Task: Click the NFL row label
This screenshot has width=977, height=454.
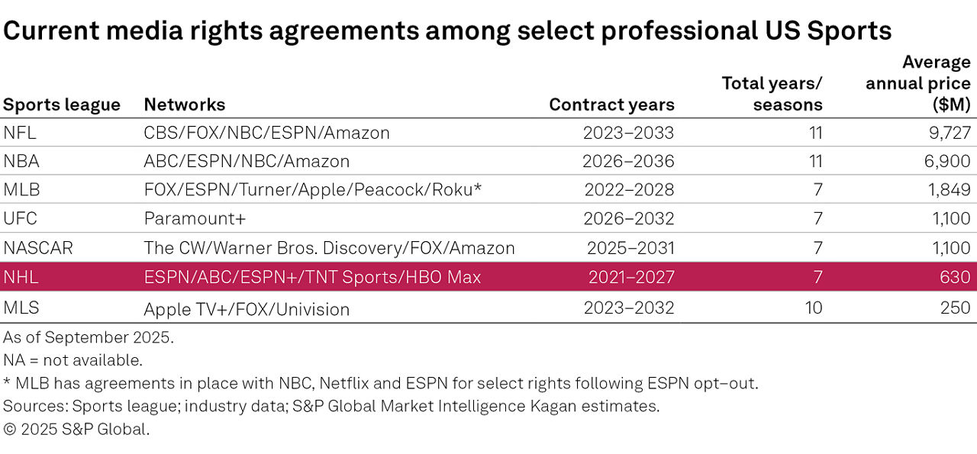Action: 20,133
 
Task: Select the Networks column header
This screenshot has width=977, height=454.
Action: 184,105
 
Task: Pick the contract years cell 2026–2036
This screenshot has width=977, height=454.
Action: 628,162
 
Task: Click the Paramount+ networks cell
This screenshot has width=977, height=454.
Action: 195,219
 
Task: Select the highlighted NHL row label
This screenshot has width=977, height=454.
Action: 21,277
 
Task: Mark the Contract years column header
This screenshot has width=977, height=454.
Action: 611,105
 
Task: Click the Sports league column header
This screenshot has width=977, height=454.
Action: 62,105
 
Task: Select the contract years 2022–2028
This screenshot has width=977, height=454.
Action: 628,190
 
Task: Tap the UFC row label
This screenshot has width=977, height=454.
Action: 20,219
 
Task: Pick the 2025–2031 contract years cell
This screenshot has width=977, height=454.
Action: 630,248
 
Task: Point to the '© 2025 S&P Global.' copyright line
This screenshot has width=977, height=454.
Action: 76,429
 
